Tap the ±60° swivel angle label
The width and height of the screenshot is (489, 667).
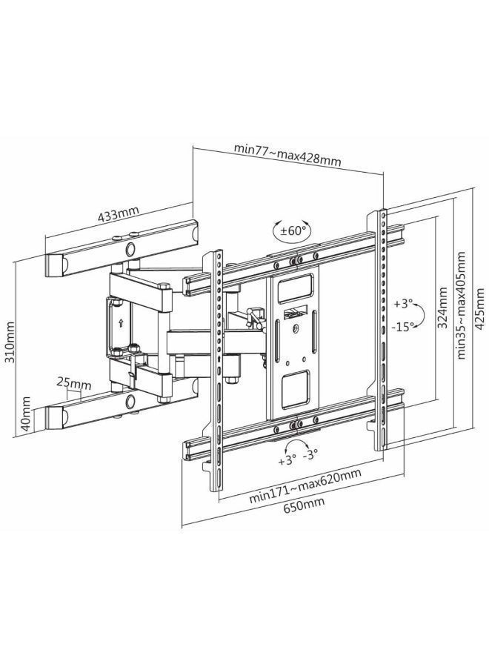tap(293, 230)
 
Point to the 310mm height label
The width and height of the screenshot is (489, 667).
tap(9, 342)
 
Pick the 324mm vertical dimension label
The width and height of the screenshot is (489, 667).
tap(442, 307)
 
